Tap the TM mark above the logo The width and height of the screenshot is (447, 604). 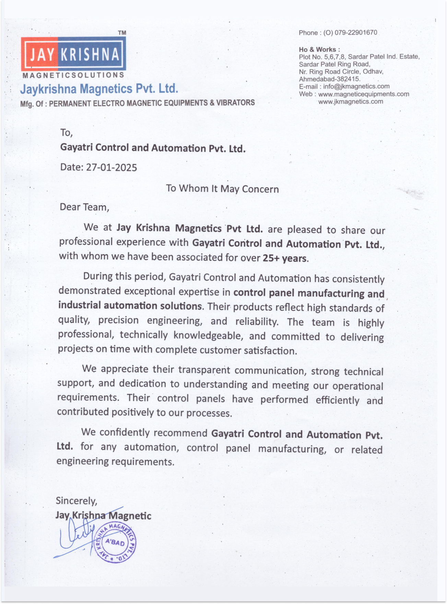coord(122,33)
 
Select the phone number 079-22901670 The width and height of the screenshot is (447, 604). coord(356,33)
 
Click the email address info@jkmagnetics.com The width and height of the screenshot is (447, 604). coord(356,86)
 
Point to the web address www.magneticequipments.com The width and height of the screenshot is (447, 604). coord(364,94)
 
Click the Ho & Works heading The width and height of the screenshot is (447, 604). coord(319,49)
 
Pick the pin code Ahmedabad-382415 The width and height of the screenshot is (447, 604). coord(329,79)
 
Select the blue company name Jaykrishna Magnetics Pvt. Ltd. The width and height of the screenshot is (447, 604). coord(99,89)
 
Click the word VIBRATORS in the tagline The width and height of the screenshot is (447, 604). coord(235,103)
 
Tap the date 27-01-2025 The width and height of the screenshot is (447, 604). coord(111,168)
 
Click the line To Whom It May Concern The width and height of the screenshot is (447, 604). coord(222,189)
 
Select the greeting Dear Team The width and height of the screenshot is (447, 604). coord(84,207)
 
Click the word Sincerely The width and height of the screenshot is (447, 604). coord(77,501)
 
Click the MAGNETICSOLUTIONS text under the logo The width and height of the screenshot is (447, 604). coord(73,75)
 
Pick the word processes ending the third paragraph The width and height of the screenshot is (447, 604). coord(209,413)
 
